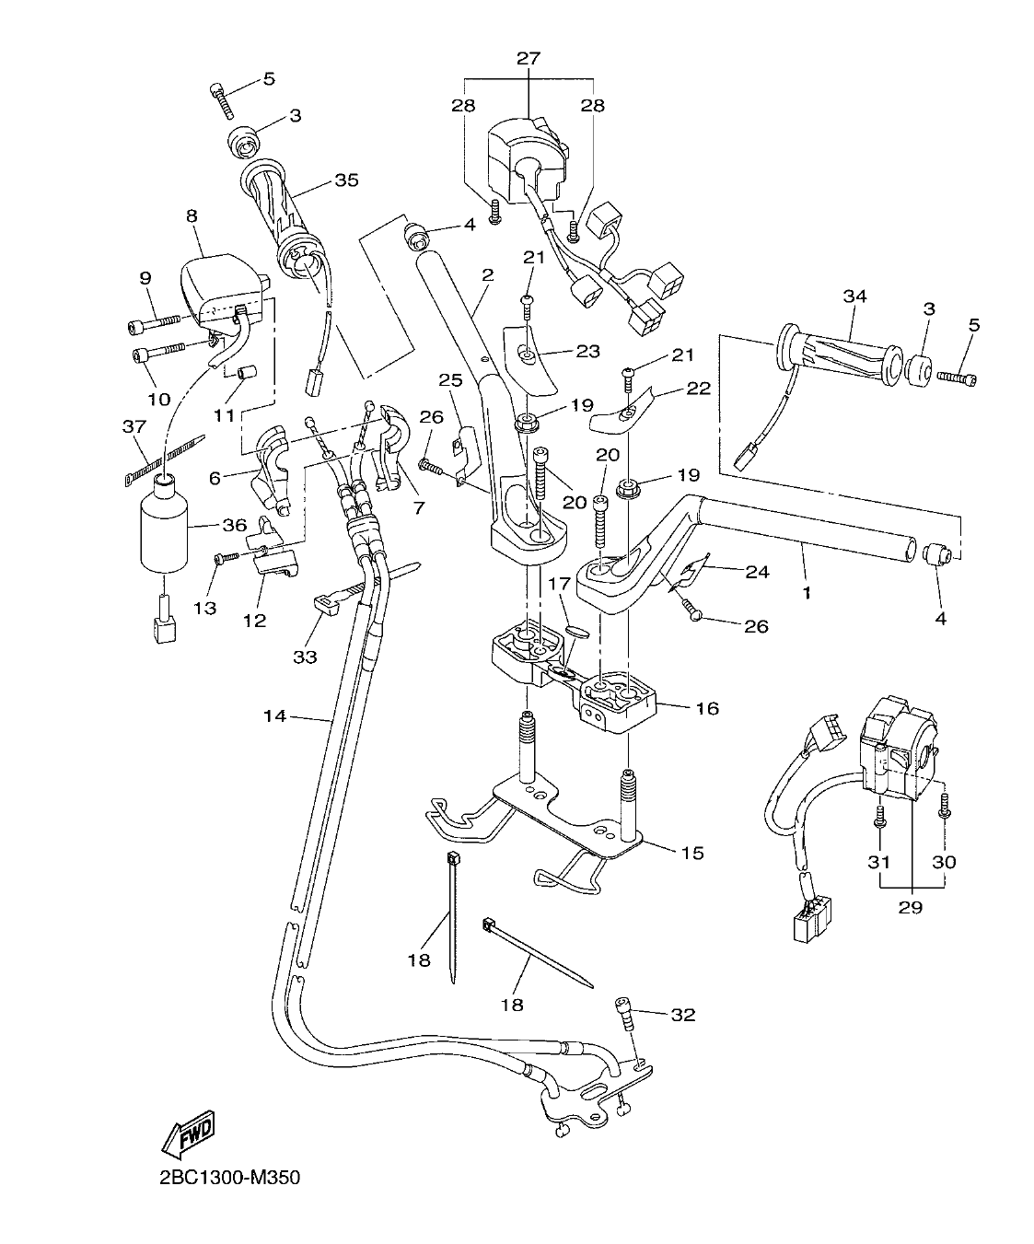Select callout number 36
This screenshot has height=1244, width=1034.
tap(234, 525)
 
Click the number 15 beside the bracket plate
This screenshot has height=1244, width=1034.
tap(692, 853)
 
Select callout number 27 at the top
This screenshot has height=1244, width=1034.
tap(529, 58)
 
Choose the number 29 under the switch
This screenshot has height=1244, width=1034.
tap(911, 906)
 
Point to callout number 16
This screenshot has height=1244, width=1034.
tap(707, 708)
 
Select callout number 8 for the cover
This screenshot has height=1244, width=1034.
tap(192, 216)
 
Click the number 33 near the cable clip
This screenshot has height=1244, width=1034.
tap(305, 657)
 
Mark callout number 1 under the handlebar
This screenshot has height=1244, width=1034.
tap(807, 593)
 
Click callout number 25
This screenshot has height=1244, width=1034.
tap(448, 379)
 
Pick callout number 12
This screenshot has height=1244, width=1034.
tap(254, 621)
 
